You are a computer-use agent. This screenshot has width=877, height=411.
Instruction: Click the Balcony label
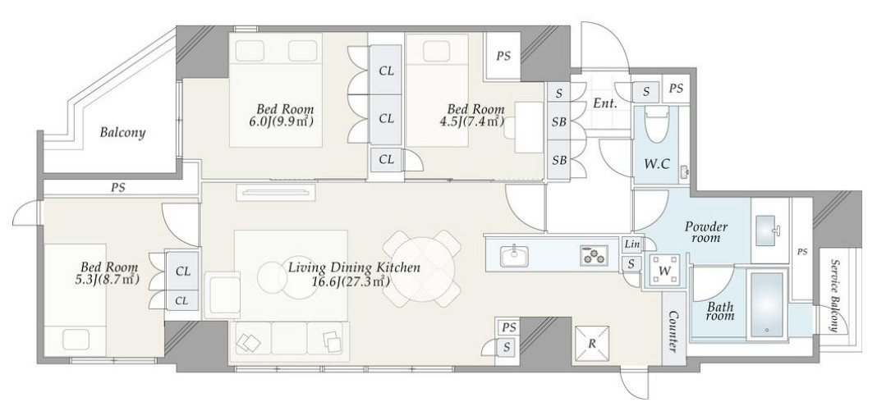tap(122, 133)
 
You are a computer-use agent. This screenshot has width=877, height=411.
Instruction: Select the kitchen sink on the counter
tap(512, 256)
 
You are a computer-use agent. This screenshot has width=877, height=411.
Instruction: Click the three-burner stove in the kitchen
tap(593, 256)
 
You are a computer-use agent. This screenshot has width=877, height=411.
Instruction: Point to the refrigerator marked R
tap(592, 343)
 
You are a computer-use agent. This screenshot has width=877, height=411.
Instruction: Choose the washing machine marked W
tap(663, 271)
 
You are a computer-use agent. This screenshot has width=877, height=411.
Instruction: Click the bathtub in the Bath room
tap(767, 305)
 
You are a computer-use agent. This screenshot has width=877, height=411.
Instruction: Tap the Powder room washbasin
tap(765, 230)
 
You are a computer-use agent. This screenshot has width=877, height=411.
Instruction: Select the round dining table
tap(424, 268)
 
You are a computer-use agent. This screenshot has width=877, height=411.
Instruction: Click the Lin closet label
tap(631, 244)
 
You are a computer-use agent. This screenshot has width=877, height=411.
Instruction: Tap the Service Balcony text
tap(834, 296)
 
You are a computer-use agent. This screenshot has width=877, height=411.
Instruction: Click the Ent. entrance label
tap(604, 103)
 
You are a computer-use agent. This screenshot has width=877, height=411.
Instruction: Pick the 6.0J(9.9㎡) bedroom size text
tap(282, 121)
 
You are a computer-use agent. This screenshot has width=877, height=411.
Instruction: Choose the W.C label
tap(657, 164)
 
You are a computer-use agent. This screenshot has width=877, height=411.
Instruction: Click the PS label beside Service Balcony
tap(802, 252)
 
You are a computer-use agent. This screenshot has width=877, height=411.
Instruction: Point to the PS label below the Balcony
tap(118, 188)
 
